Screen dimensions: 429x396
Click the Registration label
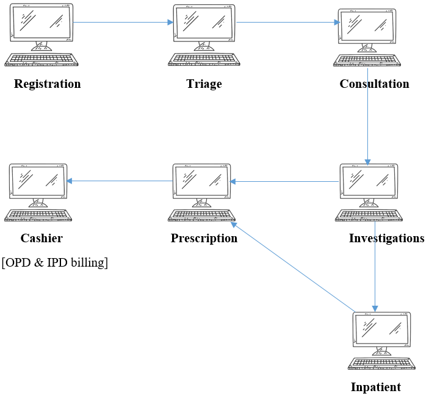48,84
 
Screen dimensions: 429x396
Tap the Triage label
204,84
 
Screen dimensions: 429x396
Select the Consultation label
374,84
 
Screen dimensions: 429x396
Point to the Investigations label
387,238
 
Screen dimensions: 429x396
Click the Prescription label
204,238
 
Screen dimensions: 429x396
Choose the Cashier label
41,238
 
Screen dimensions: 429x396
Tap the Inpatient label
376,387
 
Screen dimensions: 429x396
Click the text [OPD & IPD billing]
55,262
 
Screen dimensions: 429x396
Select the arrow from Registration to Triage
123,22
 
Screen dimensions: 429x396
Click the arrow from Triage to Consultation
288,22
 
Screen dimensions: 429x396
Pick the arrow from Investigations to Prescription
284,181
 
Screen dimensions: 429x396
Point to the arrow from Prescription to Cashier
120,181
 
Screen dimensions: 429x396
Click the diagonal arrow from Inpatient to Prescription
293,267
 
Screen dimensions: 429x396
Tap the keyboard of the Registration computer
41,60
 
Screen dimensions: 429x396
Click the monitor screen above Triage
204,23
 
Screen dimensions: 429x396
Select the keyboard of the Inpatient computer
381,364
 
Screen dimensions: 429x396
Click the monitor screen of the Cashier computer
38,181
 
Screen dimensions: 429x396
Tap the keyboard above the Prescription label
201,215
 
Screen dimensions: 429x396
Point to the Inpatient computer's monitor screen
381,329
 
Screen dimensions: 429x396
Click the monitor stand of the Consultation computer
367,48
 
